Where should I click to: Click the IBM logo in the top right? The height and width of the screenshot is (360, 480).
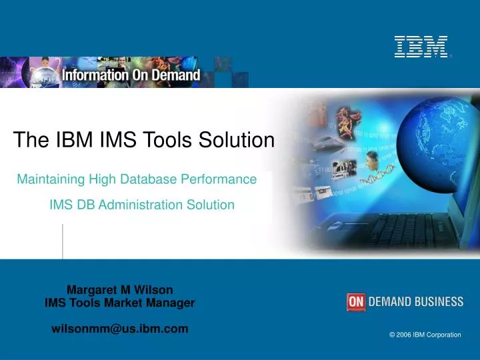(x=421, y=47)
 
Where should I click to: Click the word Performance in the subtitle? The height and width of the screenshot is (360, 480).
(x=224, y=179)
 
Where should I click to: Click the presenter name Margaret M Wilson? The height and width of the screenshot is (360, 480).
(x=120, y=289)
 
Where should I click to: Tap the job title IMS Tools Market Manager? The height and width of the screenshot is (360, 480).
(x=120, y=303)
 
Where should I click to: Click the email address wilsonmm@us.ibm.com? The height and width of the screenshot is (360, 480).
(x=120, y=329)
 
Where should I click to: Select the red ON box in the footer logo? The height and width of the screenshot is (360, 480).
(x=357, y=302)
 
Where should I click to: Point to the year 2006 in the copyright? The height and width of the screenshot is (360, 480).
(x=403, y=335)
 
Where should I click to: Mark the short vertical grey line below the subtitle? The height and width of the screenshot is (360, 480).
(x=63, y=241)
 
